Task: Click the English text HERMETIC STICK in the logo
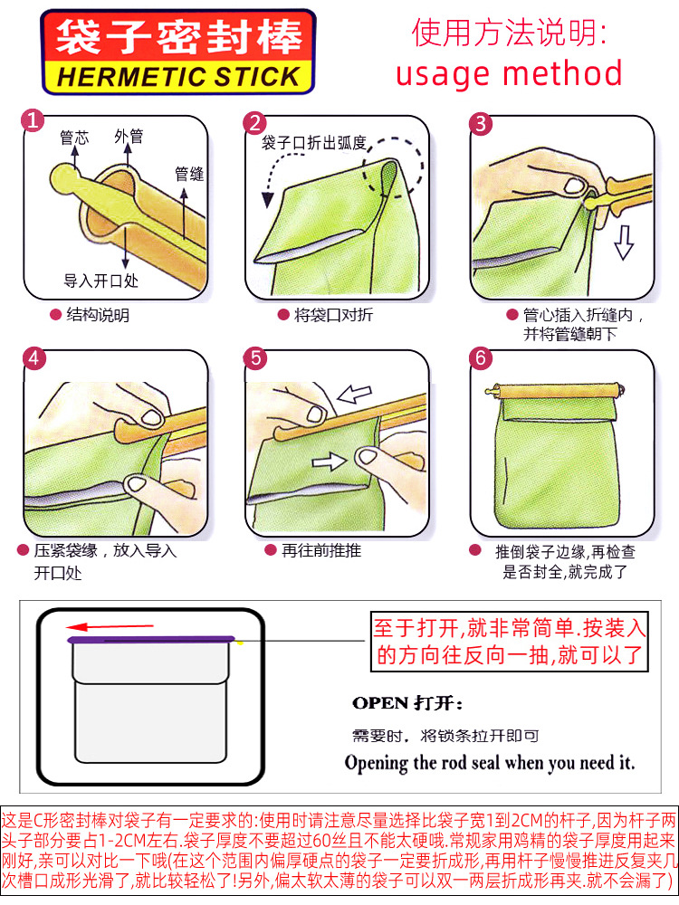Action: [178, 76]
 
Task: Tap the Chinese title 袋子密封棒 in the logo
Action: [178, 37]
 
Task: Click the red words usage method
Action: [509, 72]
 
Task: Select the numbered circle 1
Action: [33, 121]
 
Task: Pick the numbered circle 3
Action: [481, 123]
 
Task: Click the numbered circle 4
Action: [33, 358]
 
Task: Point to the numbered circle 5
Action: [256, 358]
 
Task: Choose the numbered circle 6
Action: [481, 358]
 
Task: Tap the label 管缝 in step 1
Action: [189, 173]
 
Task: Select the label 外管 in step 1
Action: [129, 137]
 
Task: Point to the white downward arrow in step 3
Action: [623, 243]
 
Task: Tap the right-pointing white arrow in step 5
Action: [330, 462]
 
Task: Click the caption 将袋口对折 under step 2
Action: [333, 315]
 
